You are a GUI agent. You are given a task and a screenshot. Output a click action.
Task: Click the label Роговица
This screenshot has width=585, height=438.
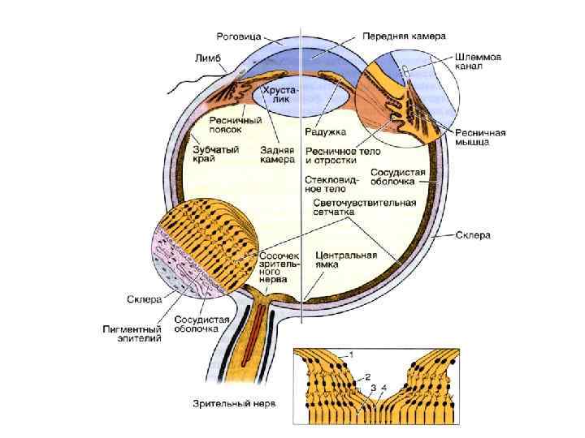pyautogui.click(x=237, y=36)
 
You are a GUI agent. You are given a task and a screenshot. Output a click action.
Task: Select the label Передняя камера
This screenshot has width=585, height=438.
pyautogui.click(x=393, y=36)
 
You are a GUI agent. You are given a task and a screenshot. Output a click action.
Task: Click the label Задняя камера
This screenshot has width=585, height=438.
pyautogui.click(x=277, y=154)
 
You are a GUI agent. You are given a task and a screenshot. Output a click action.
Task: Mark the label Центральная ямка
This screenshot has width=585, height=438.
pyautogui.click(x=346, y=260)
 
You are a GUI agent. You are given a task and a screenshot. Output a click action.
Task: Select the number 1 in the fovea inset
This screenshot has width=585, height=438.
pyautogui.click(x=351, y=354)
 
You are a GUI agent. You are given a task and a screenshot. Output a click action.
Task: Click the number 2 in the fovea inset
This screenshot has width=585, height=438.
pyautogui.click(x=367, y=377)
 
